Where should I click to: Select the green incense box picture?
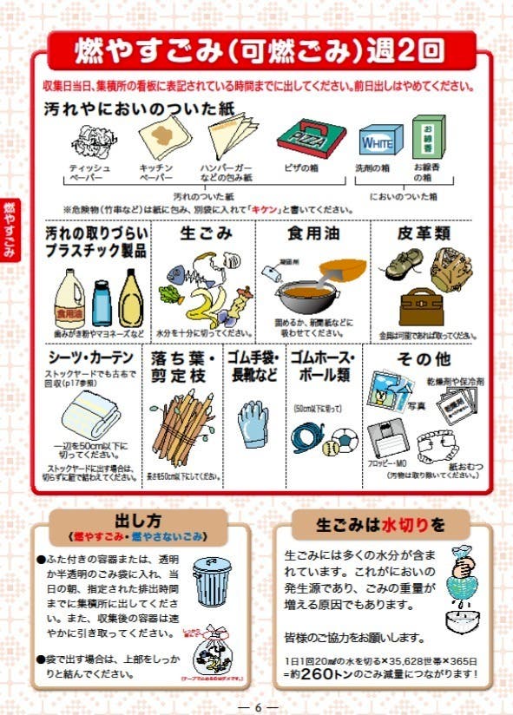[428, 136]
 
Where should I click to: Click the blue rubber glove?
[253, 423]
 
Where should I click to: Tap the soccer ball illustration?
[344, 439]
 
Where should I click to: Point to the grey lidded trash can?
[212, 579]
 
